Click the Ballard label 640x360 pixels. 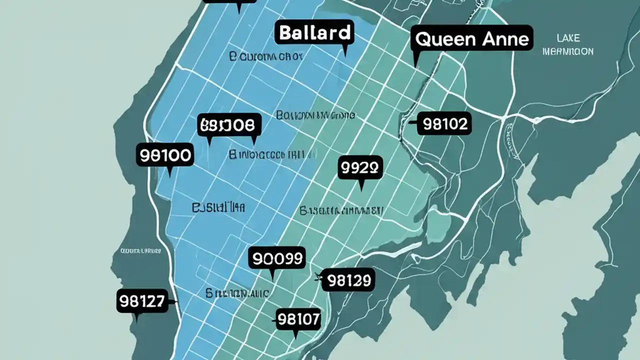tap(314, 33)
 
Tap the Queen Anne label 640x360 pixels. tap(472, 39)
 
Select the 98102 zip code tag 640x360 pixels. tap(444, 123)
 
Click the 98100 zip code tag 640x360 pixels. tap(164, 155)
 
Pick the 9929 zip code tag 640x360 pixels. tap(360, 168)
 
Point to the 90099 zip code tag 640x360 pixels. tap(277, 258)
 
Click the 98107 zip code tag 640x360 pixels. tap(298, 319)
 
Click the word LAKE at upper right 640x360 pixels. tap(568, 38)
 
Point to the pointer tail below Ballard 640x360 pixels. tap(344, 50)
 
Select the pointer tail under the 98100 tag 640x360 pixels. tap(170, 172)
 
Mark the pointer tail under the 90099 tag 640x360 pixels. tap(272, 274)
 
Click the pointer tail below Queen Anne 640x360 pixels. tap(416, 60)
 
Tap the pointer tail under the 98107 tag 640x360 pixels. tap(296, 335)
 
